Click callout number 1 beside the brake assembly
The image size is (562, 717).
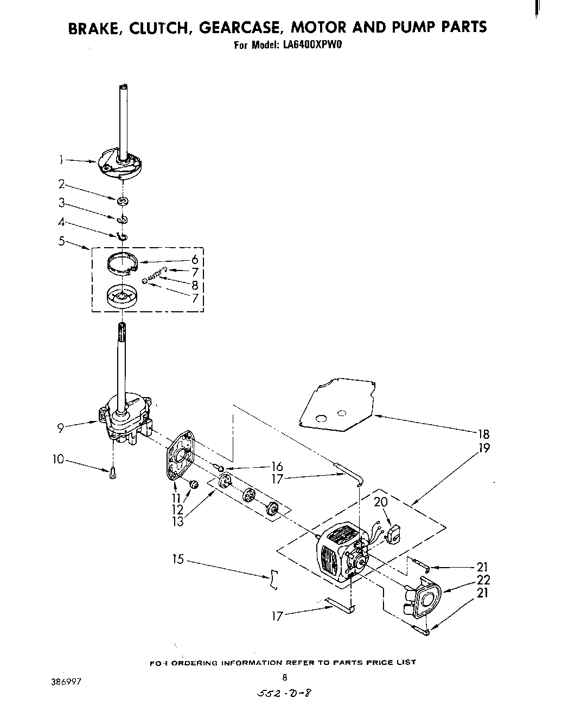click(x=62, y=160)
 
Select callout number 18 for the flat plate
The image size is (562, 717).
click(x=483, y=433)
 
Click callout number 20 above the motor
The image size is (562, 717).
click(x=381, y=502)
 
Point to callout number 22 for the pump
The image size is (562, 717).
click(x=483, y=580)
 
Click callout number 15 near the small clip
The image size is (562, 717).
click(x=178, y=558)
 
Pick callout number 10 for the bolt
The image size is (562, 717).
click(x=59, y=460)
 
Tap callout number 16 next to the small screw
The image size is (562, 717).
click(x=277, y=467)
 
